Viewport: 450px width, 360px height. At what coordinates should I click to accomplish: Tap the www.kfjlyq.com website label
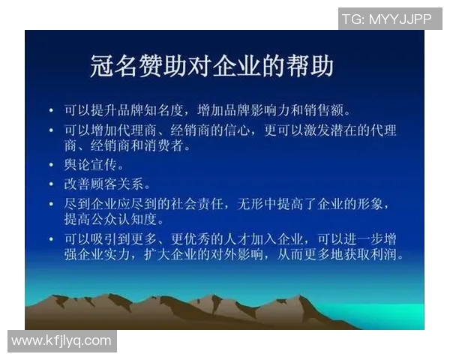tap(61, 340)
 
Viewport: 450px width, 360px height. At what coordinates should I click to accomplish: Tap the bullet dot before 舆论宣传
tap(51, 166)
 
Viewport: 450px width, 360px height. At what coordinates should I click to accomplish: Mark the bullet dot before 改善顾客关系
tap(51, 184)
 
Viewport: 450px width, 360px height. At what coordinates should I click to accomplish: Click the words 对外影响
tap(244, 255)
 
